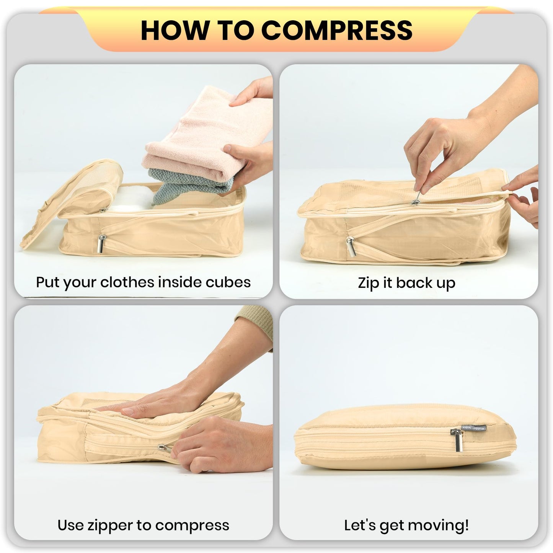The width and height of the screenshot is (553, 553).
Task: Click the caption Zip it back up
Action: click(x=406, y=283)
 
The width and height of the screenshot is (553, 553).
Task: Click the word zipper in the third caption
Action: click(x=115, y=525)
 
